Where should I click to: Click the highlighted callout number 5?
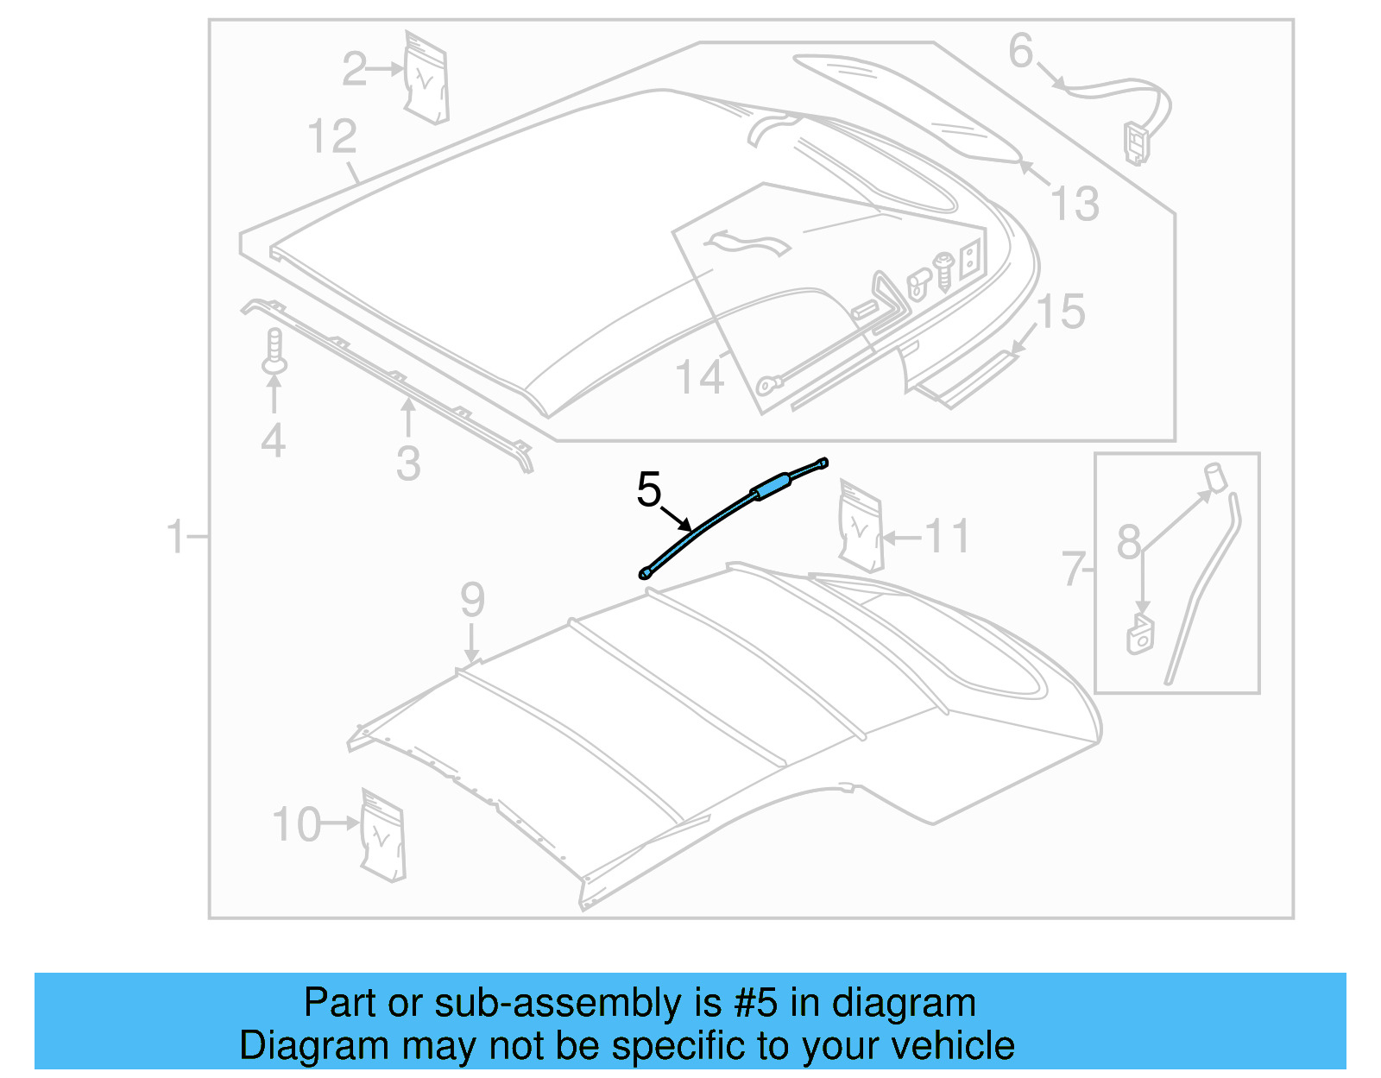click(648, 490)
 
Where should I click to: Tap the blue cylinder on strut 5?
click(772, 487)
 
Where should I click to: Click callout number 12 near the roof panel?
click(331, 137)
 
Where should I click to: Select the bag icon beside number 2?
click(426, 79)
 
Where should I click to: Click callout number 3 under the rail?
click(408, 463)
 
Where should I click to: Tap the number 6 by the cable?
click(1020, 51)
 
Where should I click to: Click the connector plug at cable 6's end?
click(1136, 142)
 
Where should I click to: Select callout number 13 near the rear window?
click(1075, 205)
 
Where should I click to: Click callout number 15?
click(1061, 312)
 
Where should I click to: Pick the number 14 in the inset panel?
click(699, 377)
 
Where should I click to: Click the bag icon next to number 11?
click(861, 527)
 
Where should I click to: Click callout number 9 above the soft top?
click(472, 599)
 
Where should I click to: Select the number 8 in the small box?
click(1128, 542)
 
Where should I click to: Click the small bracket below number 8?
click(1139, 634)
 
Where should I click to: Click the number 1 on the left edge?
click(176, 537)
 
